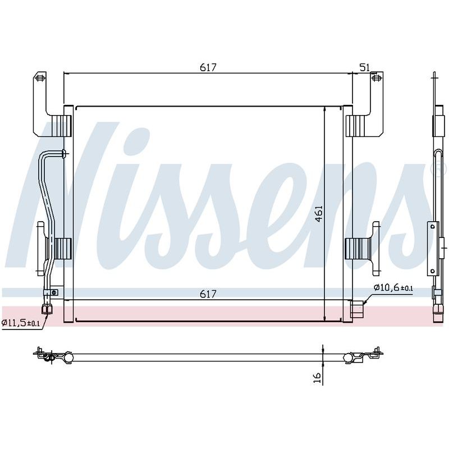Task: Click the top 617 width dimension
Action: (208, 67)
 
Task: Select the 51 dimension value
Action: (364, 67)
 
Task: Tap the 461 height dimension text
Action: (318, 214)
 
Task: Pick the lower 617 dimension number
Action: (208, 294)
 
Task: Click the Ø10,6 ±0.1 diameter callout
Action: (393, 287)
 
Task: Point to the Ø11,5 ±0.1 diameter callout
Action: (21, 323)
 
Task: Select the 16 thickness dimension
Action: (318, 378)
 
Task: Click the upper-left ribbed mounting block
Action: (62, 126)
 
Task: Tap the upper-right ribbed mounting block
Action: (355, 126)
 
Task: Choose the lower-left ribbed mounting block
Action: (62, 249)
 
